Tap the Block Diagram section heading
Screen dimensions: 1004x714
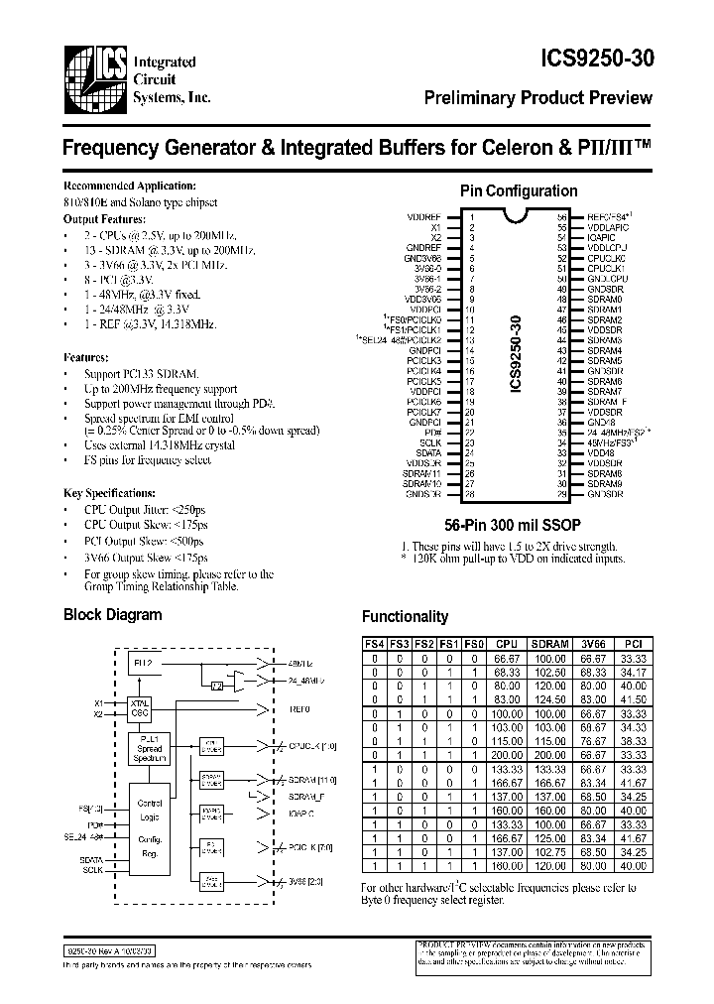click(112, 614)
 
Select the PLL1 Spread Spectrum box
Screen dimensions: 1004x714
click(151, 749)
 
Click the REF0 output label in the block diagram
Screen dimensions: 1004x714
click(298, 708)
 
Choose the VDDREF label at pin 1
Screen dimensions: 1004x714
click(423, 216)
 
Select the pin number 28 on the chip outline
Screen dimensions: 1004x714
click(472, 494)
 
